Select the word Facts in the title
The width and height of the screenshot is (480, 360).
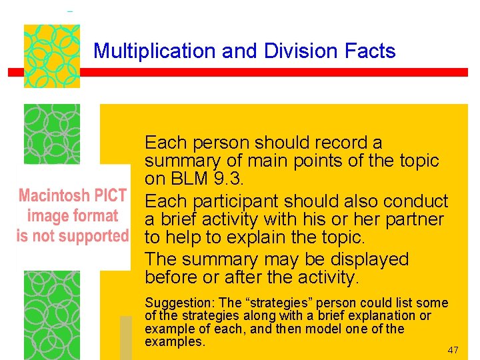click(x=369, y=51)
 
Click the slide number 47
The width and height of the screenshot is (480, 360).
click(x=453, y=350)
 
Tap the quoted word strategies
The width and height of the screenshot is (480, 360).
click(x=277, y=303)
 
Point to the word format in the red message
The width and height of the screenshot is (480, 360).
click(x=94, y=215)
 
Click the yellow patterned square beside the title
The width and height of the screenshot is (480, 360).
click(x=52, y=56)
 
